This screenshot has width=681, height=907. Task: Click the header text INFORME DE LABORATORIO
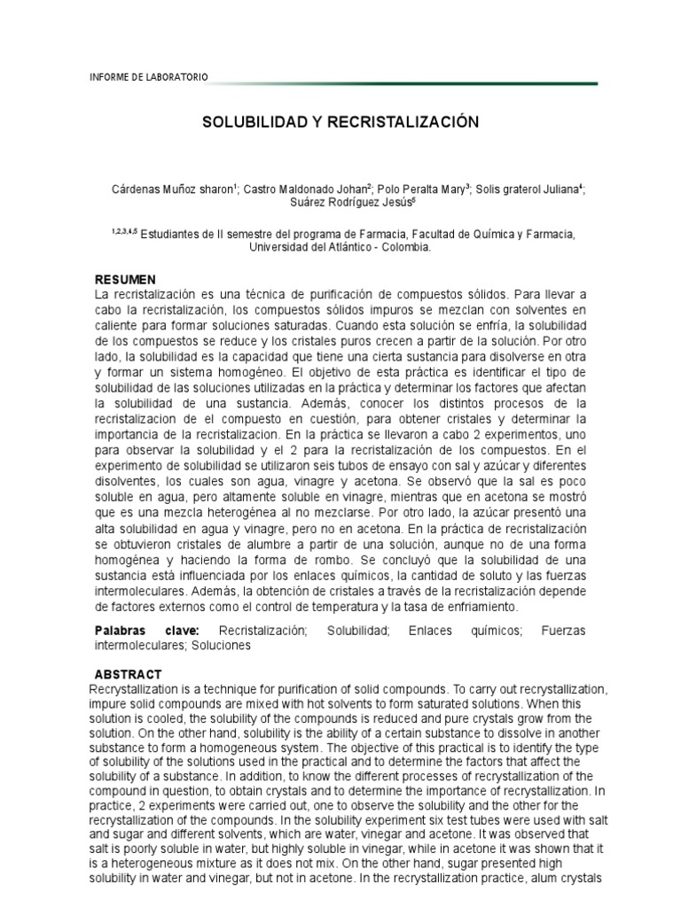click(x=149, y=78)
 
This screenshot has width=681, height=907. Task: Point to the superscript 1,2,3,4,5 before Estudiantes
click(x=125, y=233)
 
